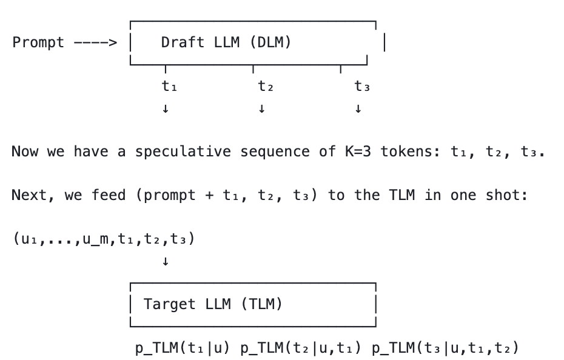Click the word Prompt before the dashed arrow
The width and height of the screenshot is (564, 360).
pos(38,42)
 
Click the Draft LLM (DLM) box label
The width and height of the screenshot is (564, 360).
pos(226,42)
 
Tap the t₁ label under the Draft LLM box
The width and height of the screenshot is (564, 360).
pos(169,87)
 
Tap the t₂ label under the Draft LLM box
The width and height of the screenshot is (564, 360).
pos(265,87)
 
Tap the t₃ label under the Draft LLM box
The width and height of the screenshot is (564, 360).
pos(362,87)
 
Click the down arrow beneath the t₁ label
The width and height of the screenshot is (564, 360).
pos(165,109)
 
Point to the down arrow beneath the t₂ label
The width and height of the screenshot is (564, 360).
pos(261,109)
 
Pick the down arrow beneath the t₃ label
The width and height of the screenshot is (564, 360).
pos(358,109)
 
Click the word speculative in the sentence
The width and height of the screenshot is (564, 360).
pos(183,152)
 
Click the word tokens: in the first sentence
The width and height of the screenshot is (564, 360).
pos(411,152)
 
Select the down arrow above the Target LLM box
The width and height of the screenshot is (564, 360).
pos(165,262)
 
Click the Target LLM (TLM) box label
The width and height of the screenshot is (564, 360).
pos(213,304)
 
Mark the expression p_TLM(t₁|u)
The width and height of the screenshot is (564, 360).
pos(182,348)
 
